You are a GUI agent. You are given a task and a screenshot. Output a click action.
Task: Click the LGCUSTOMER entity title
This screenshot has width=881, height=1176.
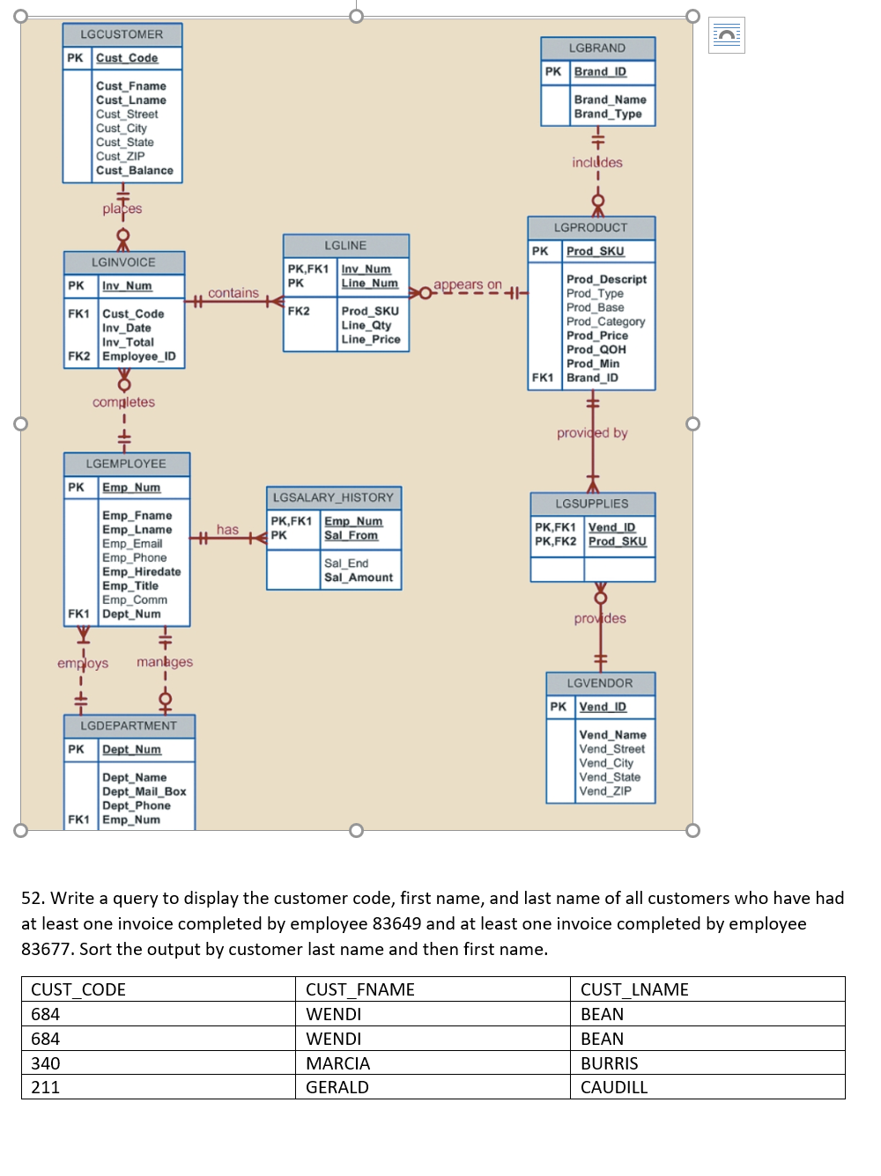(122, 34)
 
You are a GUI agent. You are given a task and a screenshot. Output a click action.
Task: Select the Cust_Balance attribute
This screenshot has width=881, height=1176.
(134, 171)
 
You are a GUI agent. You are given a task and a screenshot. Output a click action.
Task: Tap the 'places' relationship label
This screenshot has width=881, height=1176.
(122, 209)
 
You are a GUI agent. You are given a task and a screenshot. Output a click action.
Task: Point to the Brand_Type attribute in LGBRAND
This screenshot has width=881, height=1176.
(607, 114)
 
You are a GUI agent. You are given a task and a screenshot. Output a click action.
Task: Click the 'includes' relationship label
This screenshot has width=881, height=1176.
(596, 163)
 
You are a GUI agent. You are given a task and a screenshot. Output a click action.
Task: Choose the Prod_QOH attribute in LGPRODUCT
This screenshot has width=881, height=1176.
(596, 349)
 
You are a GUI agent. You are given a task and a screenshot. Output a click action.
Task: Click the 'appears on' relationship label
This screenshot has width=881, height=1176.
(467, 285)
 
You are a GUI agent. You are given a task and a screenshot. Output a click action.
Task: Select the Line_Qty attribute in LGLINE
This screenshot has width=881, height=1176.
(366, 325)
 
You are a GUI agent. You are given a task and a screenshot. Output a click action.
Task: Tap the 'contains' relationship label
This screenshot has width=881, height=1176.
(233, 293)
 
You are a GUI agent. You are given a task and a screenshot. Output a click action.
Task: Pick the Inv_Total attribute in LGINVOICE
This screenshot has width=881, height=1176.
(128, 342)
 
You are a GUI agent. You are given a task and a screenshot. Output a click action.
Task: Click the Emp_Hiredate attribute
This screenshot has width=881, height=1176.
(141, 571)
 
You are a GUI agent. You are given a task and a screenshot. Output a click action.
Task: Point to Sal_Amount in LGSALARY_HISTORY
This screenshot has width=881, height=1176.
(358, 577)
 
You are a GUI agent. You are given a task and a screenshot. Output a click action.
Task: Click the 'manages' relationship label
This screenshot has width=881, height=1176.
(165, 662)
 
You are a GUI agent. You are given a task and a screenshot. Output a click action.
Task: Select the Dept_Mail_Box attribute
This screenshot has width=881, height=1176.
(144, 791)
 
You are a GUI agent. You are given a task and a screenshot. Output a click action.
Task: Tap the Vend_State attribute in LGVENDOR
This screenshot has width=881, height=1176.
(610, 777)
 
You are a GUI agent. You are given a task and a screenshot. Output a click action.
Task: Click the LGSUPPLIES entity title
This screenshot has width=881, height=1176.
(591, 503)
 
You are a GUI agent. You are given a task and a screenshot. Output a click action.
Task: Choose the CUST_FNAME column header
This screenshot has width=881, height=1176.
(359, 989)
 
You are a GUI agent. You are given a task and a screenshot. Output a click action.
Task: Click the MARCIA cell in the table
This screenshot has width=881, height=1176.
(337, 1063)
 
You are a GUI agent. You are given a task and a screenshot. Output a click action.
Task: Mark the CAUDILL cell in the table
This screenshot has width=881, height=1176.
(613, 1088)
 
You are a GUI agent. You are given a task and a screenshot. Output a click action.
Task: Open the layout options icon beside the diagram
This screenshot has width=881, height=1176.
(726, 35)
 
